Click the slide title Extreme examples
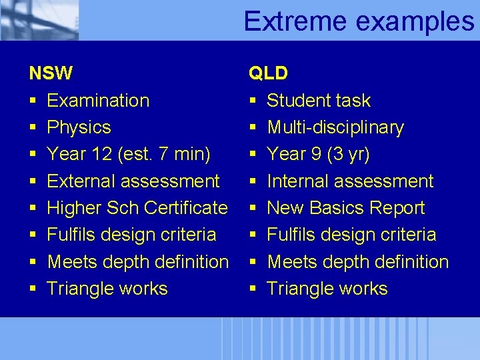pos(359,21)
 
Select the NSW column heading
pos(51,73)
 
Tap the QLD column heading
pos(268,73)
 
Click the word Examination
pos(98,101)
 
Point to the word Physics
pos(79,127)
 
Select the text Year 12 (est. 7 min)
pos(129,154)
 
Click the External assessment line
pos(133,181)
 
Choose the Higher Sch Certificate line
pos(137,208)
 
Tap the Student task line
pos(319,101)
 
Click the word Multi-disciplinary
pos(335,127)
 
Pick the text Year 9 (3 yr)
pos(318,154)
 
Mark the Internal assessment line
pos(350,181)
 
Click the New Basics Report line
pos(345,208)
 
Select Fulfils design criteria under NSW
pos(131,235)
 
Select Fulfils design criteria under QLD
pos(351,235)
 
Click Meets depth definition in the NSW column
pos(138,262)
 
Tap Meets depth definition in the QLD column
pos(358,262)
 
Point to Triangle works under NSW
pos(107,289)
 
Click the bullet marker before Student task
pos(253,101)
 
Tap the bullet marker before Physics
pos(33,128)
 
